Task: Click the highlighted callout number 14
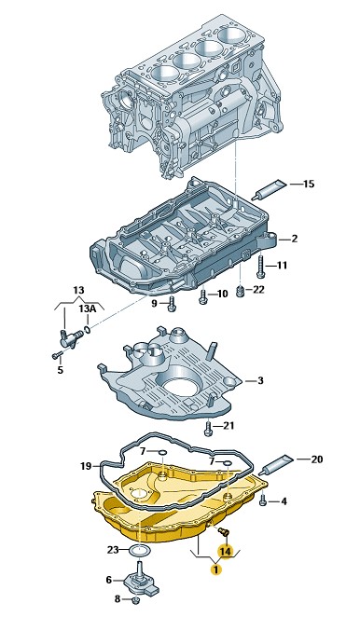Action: click(x=226, y=552)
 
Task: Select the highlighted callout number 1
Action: click(x=215, y=569)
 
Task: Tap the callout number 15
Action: click(x=309, y=184)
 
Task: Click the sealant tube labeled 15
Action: click(x=271, y=188)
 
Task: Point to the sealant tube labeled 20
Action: click(x=277, y=464)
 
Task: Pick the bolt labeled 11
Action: click(x=260, y=266)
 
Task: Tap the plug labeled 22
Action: click(x=241, y=292)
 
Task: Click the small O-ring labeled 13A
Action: click(x=87, y=329)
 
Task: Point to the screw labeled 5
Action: click(x=57, y=355)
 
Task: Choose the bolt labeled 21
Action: click(x=209, y=429)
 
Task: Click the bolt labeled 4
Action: click(x=263, y=501)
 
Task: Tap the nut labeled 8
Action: click(x=136, y=600)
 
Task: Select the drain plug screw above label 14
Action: click(x=225, y=531)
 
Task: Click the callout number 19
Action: click(x=86, y=466)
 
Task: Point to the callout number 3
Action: click(x=260, y=380)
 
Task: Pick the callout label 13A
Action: click(x=87, y=308)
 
